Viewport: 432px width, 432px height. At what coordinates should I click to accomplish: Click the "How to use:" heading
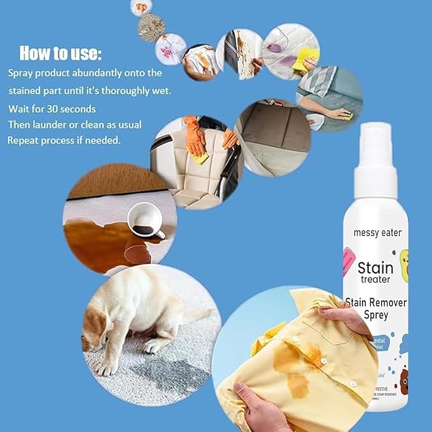point(60,52)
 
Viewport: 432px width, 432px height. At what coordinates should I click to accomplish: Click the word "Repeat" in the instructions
point(24,140)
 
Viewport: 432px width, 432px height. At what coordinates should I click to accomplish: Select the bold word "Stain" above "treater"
point(375,267)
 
